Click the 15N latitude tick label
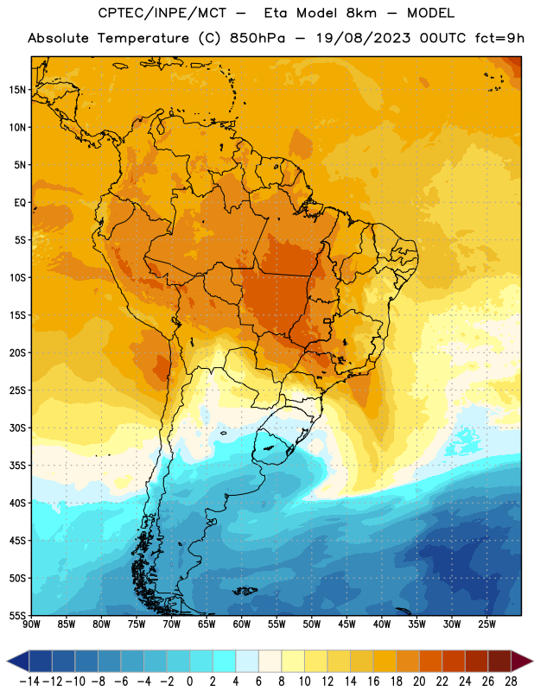17,90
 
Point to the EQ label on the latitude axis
20,203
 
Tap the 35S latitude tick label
17,466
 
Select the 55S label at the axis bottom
17,615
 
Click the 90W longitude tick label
31,624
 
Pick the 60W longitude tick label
242,624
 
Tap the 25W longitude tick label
486,624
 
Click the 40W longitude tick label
382,624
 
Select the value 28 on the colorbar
511,681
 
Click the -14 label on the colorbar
29,681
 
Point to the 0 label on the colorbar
189,681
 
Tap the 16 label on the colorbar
373,681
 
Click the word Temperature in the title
143,38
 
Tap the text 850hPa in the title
257,38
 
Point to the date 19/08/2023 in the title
364,38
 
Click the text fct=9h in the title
499,38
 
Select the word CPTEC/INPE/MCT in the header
162,13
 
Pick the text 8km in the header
361,13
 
